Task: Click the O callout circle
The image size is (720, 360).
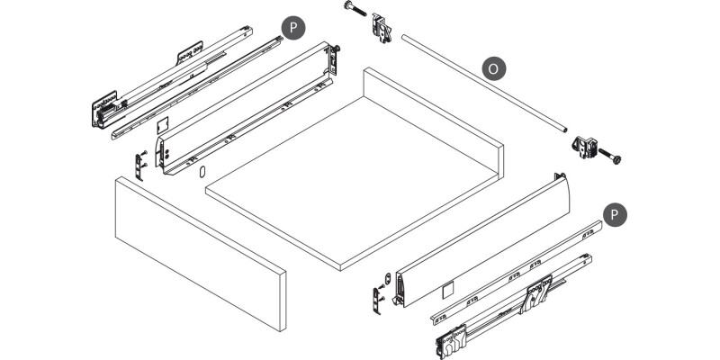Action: point(493,69)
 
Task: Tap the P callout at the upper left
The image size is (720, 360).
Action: point(293,28)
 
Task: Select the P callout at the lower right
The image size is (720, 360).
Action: point(615,214)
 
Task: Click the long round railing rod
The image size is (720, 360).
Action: point(484,84)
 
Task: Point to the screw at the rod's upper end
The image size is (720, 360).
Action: point(355,9)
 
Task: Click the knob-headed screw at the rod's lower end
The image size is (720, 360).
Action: point(609,156)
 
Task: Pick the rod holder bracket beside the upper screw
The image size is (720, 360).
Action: point(382,27)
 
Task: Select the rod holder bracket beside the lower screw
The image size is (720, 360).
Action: point(584,147)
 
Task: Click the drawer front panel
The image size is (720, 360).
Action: point(201,254)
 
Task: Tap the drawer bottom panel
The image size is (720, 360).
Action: point(352,184)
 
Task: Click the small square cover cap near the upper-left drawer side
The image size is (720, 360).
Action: point(163,125)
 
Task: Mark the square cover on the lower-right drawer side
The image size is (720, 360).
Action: point(447,289)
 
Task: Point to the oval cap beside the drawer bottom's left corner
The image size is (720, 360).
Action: point(202,171)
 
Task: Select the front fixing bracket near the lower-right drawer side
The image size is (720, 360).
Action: point(379,300)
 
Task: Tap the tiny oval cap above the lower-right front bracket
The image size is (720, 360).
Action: point(388,277)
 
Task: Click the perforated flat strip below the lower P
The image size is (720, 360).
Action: point(517,273)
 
